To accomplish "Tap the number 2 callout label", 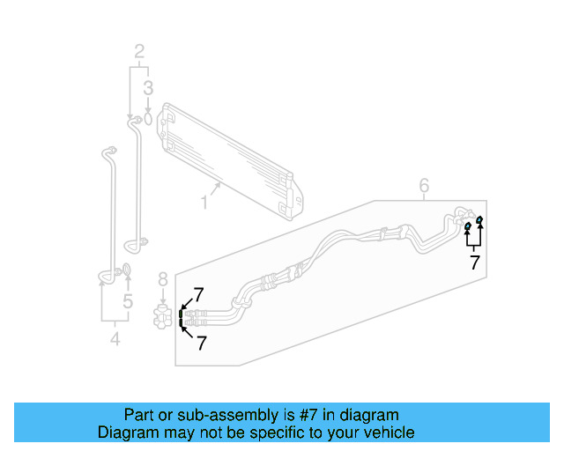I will tap(139, 51).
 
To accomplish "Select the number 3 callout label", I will tap(148, 87).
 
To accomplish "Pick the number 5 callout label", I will tap(128, 303).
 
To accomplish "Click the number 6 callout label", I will tap(424, 185).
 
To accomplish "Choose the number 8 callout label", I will tap(162, 280).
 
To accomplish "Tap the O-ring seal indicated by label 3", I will tap(148, 117).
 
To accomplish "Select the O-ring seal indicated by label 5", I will tap(127, 270).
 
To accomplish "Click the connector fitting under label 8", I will tap(161, 316).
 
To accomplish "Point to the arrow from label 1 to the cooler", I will tap(215, 189).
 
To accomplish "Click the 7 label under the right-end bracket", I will tap(474, 262).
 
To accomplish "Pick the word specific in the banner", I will tap(273, 433).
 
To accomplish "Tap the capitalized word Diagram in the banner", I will tap(127, 433).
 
